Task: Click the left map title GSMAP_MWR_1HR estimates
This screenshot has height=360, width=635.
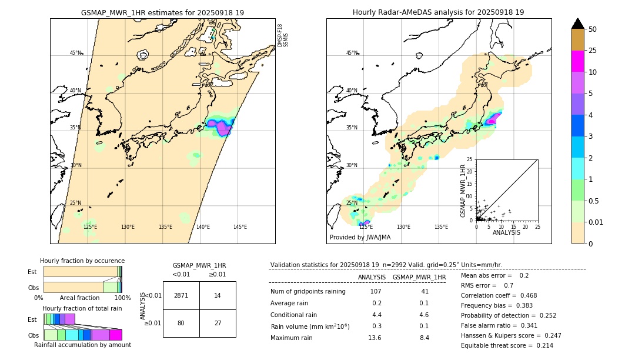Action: coord(162,12)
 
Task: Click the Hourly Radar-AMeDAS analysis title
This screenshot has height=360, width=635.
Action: coord(438,12)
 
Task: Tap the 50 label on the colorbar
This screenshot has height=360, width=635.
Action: coord(593,29)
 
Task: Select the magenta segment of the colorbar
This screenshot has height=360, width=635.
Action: coord(578,61)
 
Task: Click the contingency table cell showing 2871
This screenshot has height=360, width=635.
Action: coord(181,295)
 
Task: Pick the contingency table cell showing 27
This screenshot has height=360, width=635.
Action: coord(218,323)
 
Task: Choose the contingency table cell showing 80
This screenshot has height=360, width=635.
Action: coord(181,323)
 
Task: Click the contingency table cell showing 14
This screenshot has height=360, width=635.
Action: coord(218,295)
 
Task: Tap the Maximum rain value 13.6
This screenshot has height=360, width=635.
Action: coord(375,338)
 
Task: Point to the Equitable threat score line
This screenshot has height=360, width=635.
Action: coord(507,345)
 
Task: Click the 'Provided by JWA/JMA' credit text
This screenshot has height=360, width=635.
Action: coord(360,238)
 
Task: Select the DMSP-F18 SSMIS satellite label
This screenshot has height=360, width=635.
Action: coord(283,35)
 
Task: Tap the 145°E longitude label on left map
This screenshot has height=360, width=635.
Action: coord(240,227)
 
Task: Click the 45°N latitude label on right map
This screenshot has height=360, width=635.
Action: coord(352,53)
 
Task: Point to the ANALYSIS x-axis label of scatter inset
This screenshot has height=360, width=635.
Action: coord(506,232)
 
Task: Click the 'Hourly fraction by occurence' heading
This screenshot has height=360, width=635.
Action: coord(82,261)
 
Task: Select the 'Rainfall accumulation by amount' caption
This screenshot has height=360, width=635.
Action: coord(82,345)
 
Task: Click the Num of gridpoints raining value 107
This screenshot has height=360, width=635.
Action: coord(376,292)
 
